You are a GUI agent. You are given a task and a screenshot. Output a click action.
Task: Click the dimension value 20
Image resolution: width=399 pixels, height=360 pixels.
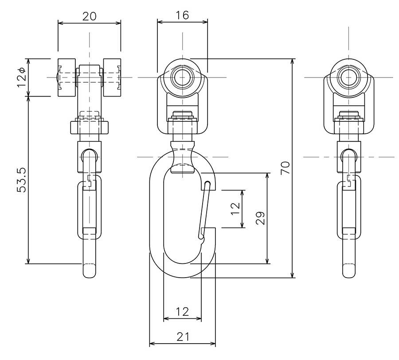click(x=90, y=16)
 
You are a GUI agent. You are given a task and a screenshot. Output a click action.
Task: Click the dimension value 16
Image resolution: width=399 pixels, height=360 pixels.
click(x=183, y=15)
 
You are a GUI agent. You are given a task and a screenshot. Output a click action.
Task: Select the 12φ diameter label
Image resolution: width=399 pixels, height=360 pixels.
click(x=21, y=77)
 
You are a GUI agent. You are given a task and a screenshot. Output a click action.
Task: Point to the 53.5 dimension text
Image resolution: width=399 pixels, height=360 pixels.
click(x=21, y=180)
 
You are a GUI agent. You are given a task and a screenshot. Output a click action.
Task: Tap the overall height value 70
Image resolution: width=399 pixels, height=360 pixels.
click(x=285, y=168)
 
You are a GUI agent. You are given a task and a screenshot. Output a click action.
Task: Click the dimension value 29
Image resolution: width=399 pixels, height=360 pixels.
click(x=260, y=218)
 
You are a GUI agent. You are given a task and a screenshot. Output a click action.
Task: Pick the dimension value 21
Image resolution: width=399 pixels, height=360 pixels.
click(x=183, y=337)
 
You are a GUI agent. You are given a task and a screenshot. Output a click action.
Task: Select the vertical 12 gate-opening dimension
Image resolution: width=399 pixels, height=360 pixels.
click(x=236, y=209)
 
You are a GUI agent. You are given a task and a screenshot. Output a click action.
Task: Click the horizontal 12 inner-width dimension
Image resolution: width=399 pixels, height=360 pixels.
click(x=183, y=311)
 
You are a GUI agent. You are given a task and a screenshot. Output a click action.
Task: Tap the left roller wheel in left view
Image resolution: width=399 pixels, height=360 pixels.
click(x=66, y=77)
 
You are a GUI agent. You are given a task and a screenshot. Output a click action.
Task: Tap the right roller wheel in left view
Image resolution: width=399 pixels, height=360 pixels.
click(x=112, y=77)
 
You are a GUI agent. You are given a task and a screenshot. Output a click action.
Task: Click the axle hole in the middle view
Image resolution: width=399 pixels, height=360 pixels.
click(x=183, y=77)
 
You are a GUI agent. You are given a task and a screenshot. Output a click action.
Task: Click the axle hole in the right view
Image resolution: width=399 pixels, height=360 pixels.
click(x=348, y=77)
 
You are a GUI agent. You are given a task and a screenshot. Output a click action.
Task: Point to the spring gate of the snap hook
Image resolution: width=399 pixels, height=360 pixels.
click(x=204, y=211)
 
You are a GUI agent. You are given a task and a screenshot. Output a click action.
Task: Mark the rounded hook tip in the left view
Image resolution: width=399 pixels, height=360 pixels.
click(x=90, y=271)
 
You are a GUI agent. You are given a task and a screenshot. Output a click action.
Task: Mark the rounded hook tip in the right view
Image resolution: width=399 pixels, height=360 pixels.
click(x=348, y=271)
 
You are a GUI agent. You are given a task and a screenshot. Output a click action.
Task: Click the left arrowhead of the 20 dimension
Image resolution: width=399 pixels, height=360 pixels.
click(x=61, y=23)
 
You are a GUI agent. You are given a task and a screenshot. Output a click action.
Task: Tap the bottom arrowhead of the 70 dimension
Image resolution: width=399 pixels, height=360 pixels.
click(x=293, y=275)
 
